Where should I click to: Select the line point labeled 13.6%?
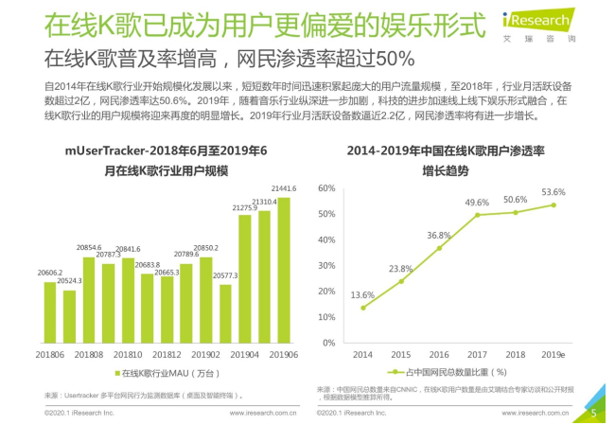click(362, 308)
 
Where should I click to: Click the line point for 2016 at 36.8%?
click(439, 248)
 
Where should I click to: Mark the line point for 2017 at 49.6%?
click(477, 215)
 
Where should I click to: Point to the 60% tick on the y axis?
click(325, 188)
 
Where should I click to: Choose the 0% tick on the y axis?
click(328, 342)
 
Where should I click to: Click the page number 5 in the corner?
click(593, 412)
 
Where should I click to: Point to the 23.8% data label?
click(400, 268)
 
